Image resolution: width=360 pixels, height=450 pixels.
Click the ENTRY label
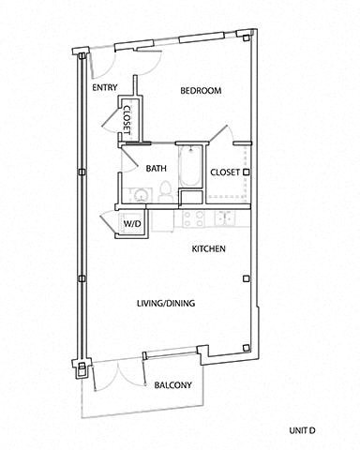click(x=104, y=88)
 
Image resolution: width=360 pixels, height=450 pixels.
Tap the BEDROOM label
click(x=200, y=91)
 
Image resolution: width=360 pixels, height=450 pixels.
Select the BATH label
click(x=156, y=169)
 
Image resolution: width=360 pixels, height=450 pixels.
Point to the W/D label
click(x=131, y=225)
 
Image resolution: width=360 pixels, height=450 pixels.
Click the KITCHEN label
click(x=207, y=249)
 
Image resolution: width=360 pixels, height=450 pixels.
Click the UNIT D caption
click(x=304, y=429)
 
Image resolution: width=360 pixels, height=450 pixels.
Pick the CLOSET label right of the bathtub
click(x=225, y=172)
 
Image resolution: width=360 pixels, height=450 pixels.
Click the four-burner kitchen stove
click(x=193, y=219)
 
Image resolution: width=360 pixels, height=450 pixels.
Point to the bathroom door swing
click(x=131, y=155)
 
